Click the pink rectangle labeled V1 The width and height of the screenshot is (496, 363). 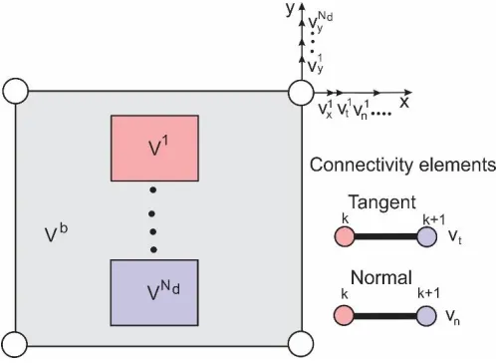tap(154, 149)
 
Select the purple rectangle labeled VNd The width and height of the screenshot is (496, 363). tap(154, 292)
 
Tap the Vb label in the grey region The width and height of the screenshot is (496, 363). tap(56, 232)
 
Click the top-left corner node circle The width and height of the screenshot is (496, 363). tap(16, 91)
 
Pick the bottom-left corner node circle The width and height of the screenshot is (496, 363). tap(15, 344)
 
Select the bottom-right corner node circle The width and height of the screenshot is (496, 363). tap(301, 344)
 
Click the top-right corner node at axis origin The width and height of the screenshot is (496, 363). tap(301, 93)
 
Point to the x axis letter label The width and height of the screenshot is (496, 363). tap(404, 103)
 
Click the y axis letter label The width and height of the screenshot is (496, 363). tap(290, 9)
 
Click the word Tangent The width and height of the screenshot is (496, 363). tap(381, 202)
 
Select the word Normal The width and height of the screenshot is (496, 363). tap(381, 277)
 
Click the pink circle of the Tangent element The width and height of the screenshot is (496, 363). tap(345, 236)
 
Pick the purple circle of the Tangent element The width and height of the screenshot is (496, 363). tap(426, 236)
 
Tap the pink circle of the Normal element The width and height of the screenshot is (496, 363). tap(344, 315)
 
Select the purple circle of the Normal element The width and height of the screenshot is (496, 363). tap(426, 316)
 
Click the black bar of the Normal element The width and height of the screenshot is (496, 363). tap(384, 316)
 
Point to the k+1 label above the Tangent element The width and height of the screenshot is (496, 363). tap(433, 219)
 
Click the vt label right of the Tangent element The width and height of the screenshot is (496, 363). tap(455, 236)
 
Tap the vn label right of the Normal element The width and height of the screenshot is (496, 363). tap(452, 316)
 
